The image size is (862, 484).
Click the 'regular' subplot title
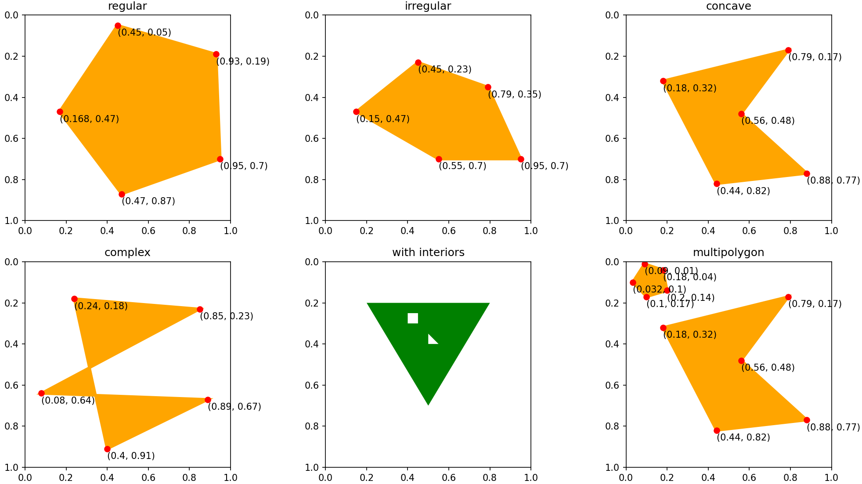[x=127, y=6]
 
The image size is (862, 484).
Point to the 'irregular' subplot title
[x=428, y=6]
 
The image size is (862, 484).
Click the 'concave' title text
[x=729, y=6]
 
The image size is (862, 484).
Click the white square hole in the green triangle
[x=413, y=318]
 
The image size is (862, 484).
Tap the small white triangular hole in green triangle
[x=432, y=340]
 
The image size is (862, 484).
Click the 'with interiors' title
[x=428, y=253]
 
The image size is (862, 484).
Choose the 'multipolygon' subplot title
[x=729, y=253]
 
